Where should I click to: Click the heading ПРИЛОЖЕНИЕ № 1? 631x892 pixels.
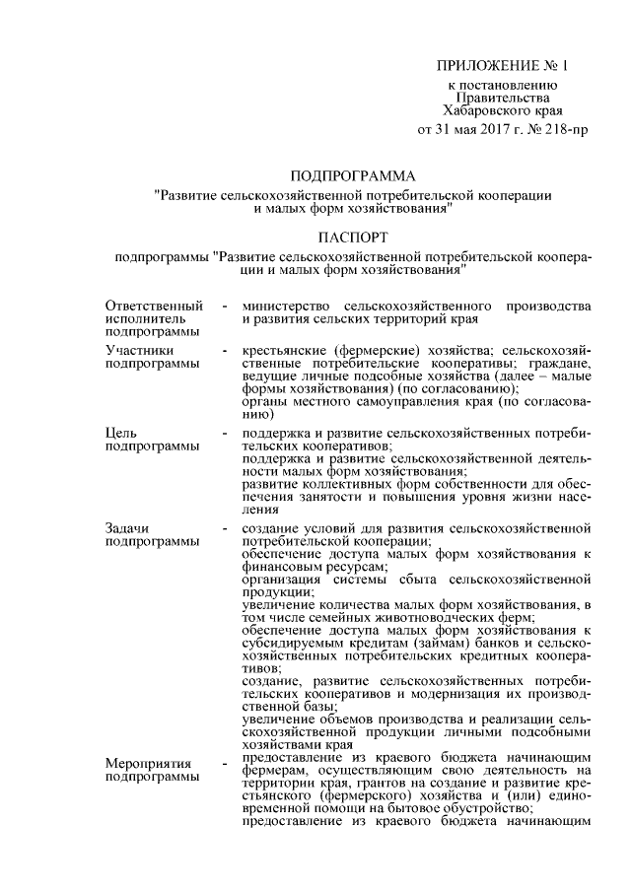coord(503,66)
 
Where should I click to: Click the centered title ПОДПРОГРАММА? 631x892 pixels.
coord(353,175)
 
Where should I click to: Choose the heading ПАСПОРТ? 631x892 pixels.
coord(353,237)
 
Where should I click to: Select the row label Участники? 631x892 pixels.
coord(140,349)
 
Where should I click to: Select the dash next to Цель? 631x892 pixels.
coord(227,433)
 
